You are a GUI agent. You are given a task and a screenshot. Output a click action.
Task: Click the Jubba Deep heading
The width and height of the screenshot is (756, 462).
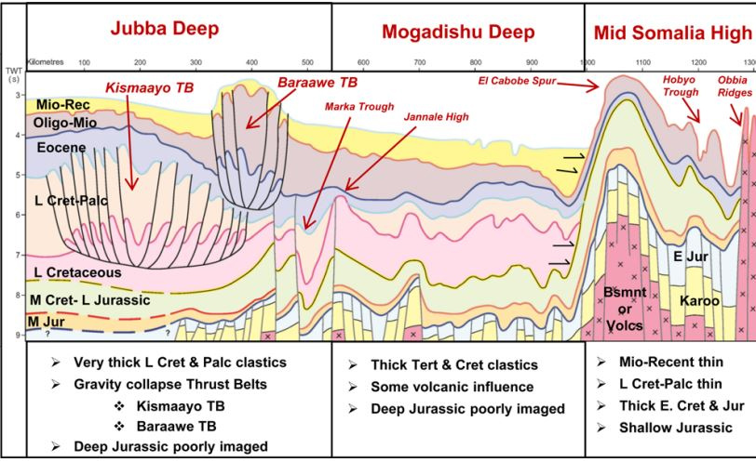coord(164,29)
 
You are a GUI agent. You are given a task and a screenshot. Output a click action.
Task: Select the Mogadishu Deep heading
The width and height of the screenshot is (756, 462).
coord(458,33)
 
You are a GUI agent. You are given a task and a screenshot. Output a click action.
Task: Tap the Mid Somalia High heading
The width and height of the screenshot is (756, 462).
coord(672,33)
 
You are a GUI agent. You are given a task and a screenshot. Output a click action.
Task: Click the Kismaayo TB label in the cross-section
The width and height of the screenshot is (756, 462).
coord(155,86)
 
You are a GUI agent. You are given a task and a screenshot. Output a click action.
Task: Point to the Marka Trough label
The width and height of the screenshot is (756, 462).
coord(350,105)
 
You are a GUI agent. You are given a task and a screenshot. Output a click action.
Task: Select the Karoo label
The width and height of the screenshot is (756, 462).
coord(699,302)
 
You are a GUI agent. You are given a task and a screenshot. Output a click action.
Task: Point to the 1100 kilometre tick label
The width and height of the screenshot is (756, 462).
coord(641,62)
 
